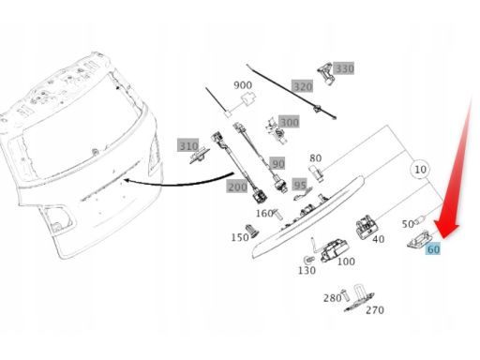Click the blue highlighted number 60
click(433, 249)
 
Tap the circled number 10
click(420, 170)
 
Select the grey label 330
click(344, 68)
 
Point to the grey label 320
click(303, 86)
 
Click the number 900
click(243, 84)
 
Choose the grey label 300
click(289, 122)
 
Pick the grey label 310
click(188, 145)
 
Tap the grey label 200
click(237, 187)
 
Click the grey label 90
click(277, 164)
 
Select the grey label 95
click(300, 185)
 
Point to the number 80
click(316, 158)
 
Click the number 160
click(264, 214)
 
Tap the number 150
click(240, 237)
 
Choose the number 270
click(375, 310)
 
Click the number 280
click(332, 298)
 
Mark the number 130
click(307, 270)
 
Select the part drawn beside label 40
click(365, 227)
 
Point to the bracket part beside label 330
click(325, 73)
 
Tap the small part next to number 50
click(421, 220)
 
